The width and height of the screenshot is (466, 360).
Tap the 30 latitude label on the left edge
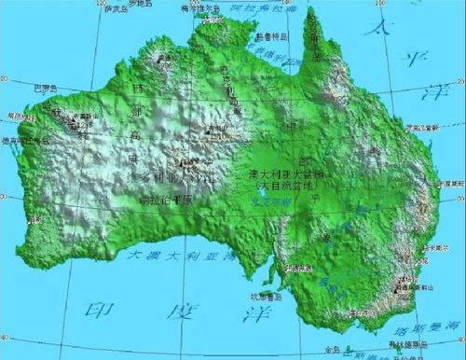[6, 198]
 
